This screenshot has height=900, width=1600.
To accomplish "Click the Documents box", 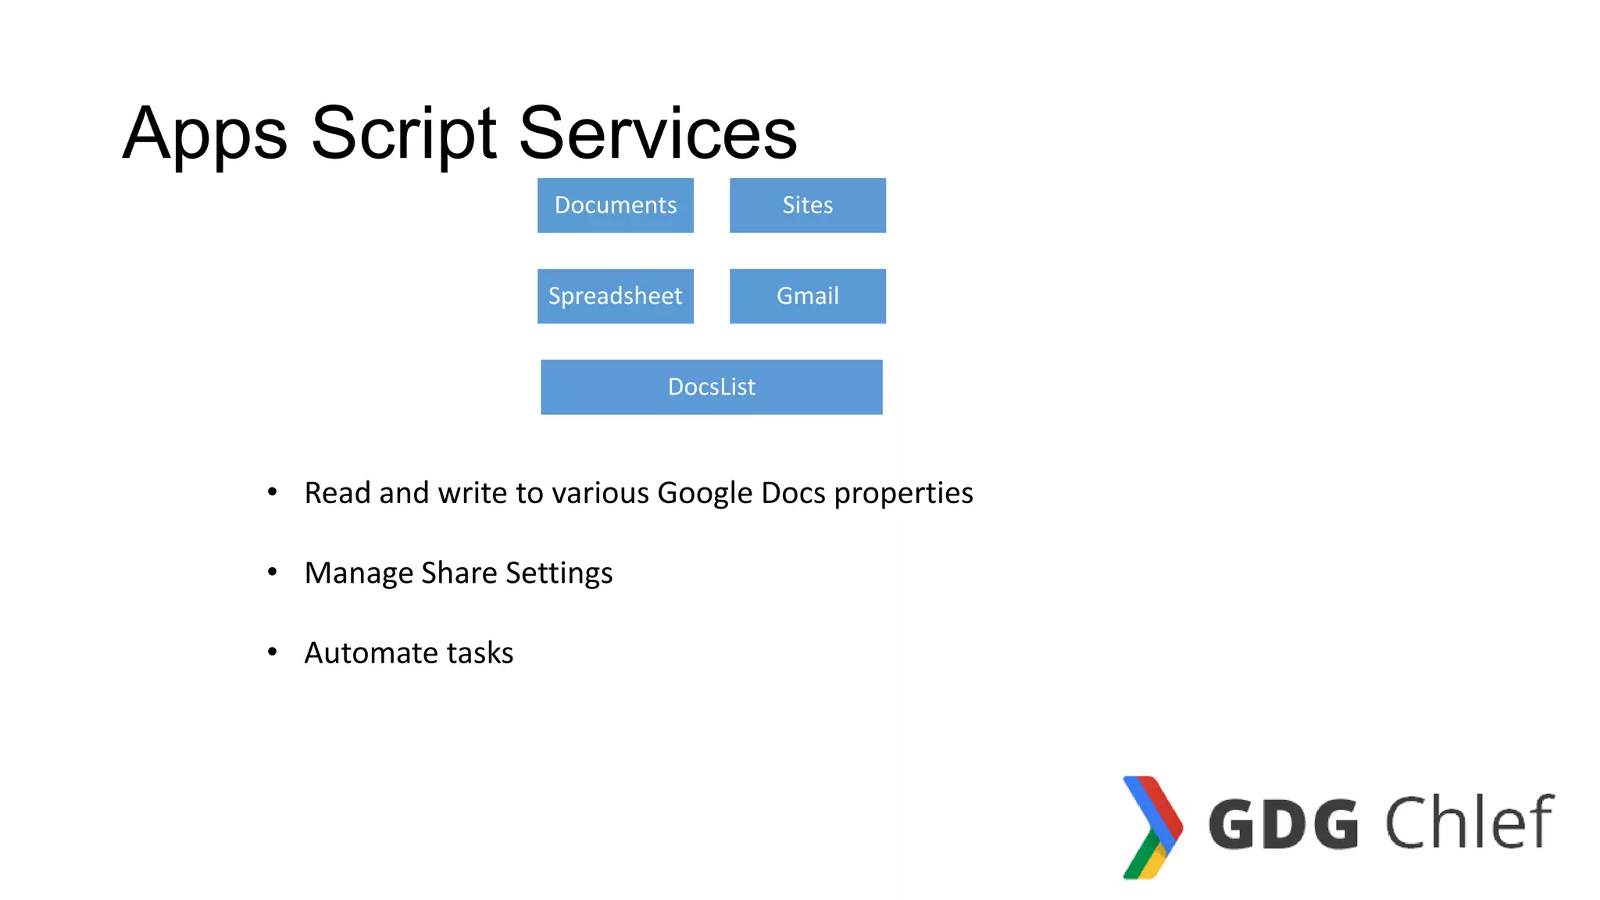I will [616, 205].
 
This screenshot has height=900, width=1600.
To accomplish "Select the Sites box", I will [808, 205].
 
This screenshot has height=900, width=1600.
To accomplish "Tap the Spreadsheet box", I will [616, 296].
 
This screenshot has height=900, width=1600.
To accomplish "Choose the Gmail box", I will [808, 296].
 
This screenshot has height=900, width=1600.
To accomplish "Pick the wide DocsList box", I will [712, 387].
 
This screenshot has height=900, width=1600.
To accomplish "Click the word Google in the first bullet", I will [705, 493].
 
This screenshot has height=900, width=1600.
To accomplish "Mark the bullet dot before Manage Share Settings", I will [272, 572].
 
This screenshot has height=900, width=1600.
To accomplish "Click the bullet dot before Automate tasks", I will [272, 652].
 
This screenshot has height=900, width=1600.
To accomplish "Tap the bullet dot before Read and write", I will [272, 491].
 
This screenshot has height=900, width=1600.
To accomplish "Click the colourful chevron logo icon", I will [1152, 827].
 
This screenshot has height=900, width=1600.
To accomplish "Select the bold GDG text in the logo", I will [1284, 824].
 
